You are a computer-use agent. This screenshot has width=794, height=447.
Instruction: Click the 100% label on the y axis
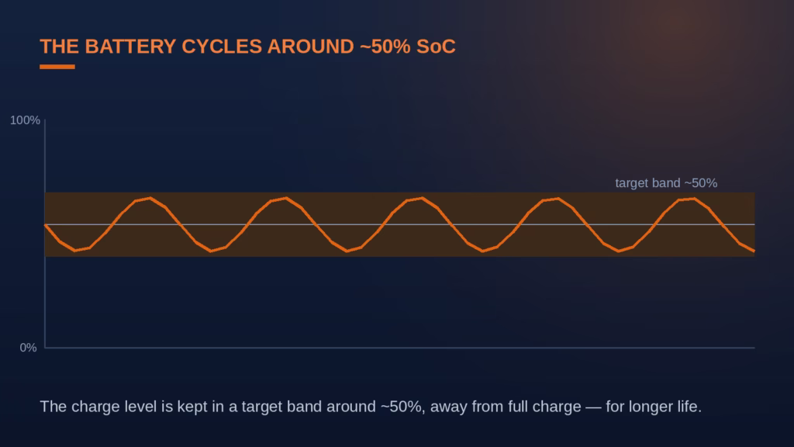(x=25, y=120)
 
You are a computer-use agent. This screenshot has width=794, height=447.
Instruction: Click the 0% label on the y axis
(x=29, y=348)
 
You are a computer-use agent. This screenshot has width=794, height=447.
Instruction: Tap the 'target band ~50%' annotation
(x=666, y=183)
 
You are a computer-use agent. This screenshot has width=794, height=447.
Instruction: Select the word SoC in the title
(x=436, y=47)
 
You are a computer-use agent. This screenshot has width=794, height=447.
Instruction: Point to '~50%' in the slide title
(x=385, y=47)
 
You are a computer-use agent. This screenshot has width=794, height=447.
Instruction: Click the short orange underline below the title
(x=57, y=67)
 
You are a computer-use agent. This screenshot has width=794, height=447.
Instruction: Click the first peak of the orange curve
(x=150, y=198)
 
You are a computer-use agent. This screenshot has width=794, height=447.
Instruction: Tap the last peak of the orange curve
(x=694, y=199)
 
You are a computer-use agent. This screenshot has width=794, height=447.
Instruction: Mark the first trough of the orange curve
(x=75, y=251)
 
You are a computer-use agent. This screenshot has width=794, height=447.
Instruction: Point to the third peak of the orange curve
(x=423, y=198)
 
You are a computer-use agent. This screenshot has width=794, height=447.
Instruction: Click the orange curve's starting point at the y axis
(x=46, y=224)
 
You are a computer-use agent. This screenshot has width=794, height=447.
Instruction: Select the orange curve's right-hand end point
(x=754, y=251)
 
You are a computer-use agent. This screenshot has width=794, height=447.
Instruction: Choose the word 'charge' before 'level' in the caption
(x=94, y=407)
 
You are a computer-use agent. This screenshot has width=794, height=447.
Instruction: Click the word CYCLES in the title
(x=221, y=47)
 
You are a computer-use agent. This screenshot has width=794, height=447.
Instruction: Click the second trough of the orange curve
(x=211, y=251)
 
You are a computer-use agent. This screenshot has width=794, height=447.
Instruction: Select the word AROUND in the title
(x=310, y=47)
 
